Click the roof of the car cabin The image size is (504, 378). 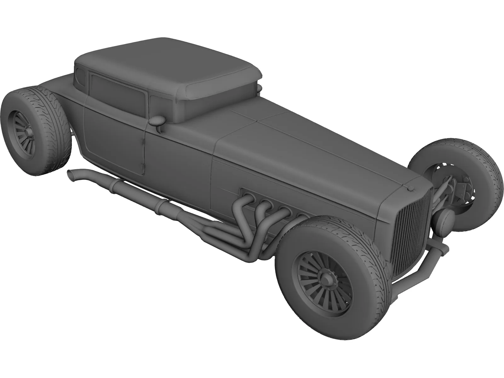[164, 60]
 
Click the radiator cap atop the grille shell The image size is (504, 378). [410, 188]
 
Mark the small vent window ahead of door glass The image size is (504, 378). [156, 104]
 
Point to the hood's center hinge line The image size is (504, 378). [315, 145]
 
